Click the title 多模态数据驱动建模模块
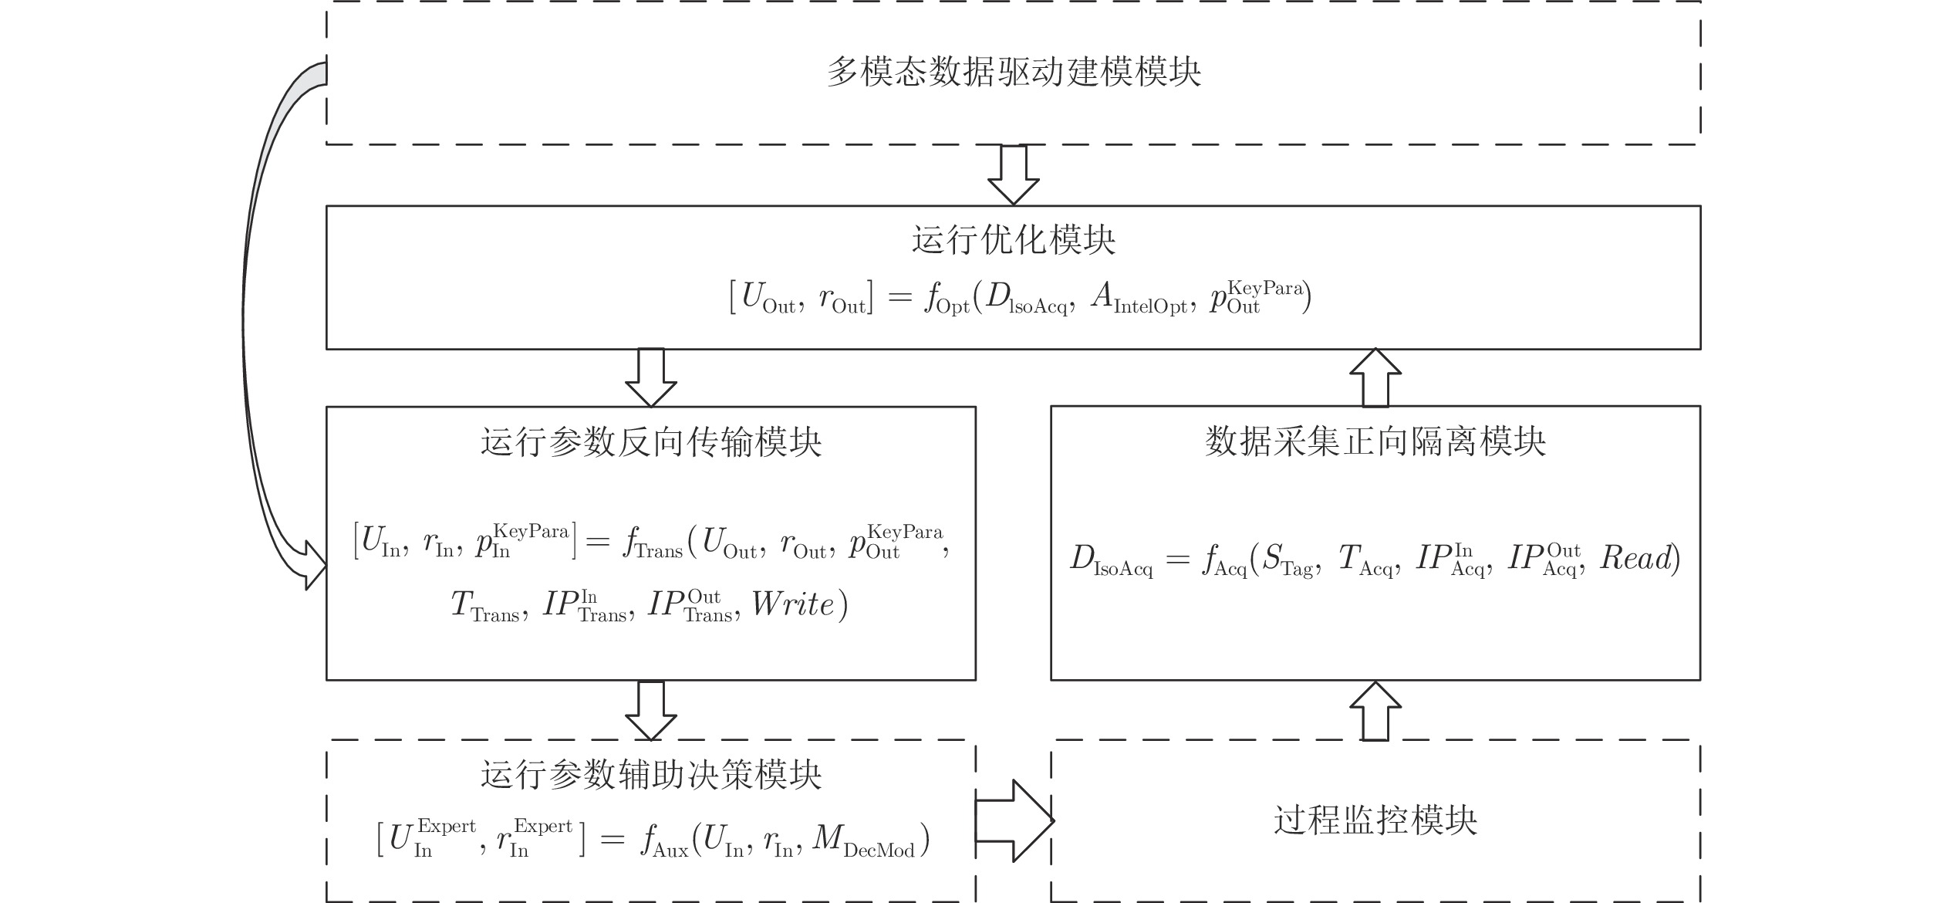(1014, 73)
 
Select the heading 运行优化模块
(1014, 240)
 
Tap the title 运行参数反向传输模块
(651, 442)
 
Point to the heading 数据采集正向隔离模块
(1375, 442)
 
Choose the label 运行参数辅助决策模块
(651, 775)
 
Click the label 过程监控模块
(1375, 820)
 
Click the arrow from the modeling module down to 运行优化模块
(1014, 175)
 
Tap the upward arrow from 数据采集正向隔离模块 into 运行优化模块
(1375, 377)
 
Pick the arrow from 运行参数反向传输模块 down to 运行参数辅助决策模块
(651, 711)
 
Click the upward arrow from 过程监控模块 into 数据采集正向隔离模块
(1375, 711)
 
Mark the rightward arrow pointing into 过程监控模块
(1014, 820)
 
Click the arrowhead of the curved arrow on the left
(314, 566)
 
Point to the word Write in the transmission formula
(793, 604)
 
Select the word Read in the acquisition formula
(1635, 558)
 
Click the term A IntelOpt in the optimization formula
(1139, 299)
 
